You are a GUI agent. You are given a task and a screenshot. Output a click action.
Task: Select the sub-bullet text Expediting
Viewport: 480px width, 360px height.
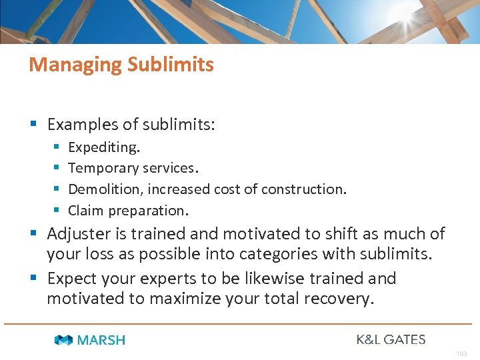104,147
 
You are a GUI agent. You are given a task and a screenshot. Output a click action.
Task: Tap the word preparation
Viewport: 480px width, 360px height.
147,211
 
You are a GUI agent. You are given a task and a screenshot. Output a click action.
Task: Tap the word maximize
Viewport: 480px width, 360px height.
188,299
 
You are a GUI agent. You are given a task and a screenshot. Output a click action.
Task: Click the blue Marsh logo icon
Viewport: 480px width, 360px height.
64,340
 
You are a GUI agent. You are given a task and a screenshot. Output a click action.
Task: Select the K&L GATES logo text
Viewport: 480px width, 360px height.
391,339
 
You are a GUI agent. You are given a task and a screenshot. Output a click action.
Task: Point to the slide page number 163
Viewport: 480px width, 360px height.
462,353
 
